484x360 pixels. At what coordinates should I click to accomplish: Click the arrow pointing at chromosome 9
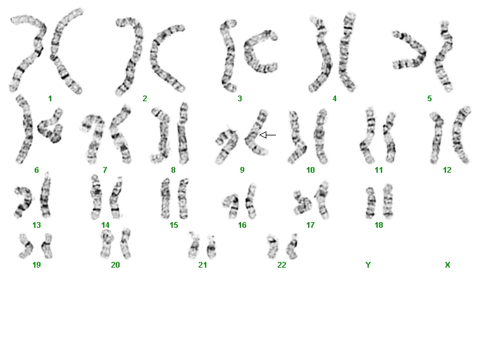pos(268,135)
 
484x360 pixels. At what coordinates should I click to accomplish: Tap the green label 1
pos(50,99)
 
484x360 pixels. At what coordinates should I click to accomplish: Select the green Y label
pos(368,265)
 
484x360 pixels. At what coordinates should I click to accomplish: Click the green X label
pos(447,265)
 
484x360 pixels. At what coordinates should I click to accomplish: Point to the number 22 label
pos(282,265)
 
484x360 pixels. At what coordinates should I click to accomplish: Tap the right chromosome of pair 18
pos(388,201)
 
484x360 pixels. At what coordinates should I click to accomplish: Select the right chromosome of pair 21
pos(211,247)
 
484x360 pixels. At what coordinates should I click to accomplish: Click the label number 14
pos(105,225)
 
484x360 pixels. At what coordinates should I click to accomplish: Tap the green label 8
pos(173,170)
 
